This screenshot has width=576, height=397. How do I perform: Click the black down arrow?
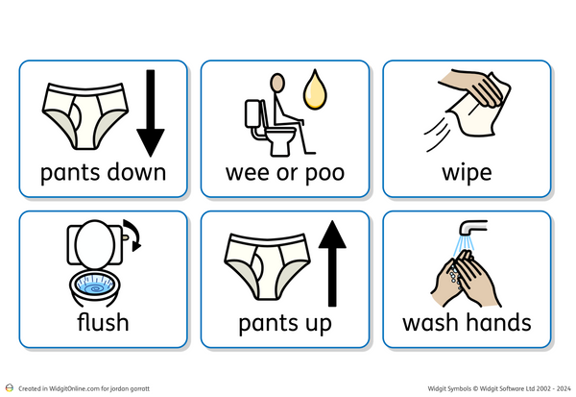pyautogui.click(x=150, y=115)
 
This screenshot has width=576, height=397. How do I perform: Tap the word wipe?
pyautogui.click(x=467, y=173)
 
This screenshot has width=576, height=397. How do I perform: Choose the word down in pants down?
pyautogui.click(x=133, y=173)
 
